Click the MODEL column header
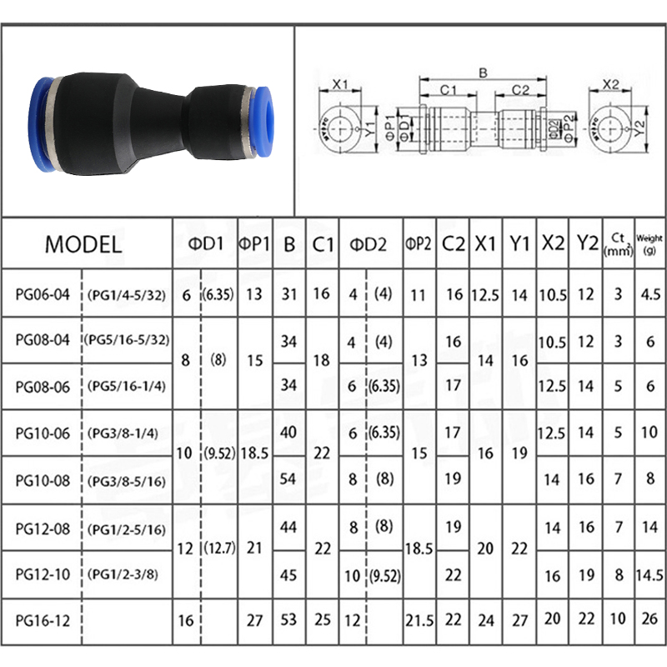coord(83,244)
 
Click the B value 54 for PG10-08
coord(288,479)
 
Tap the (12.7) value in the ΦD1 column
coord(219,549)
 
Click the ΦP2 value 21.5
coord(419,620)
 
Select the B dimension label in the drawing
coord(481,73)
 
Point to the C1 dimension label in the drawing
coord(447,89)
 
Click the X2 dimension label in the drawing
coord(611,84)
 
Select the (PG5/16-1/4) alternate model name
coord(123,387)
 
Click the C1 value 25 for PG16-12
coord(323,620)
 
